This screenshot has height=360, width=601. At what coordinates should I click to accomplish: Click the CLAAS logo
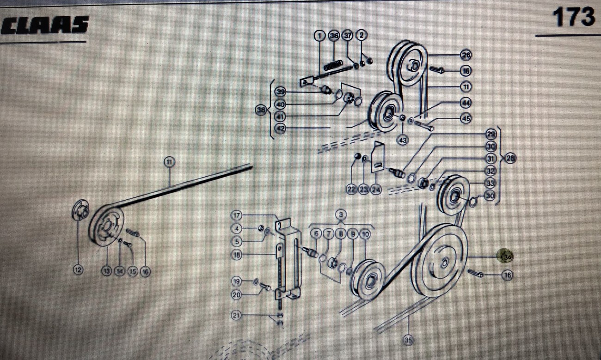click(x=45, y=25)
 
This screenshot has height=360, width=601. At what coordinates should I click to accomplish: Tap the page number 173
click(x=573, y=18)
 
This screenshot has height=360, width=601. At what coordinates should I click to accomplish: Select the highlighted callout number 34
click(x=507, y=256)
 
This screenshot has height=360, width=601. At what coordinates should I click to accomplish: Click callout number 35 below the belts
click(x=408, y=341)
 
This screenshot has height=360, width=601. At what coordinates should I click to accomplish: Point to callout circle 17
click(x=237, y=215)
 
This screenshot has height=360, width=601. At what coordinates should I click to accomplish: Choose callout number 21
click(x=237, y=316)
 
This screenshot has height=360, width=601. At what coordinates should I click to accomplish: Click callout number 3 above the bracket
click(x=341, y=215)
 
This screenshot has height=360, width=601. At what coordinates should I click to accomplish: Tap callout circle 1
click(x=319, y=35)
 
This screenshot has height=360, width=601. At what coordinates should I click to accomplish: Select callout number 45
click(x=466, y=119)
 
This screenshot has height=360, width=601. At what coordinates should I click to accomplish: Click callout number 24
click(x=375, y=189)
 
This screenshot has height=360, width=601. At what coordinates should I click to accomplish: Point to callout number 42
click(x=280, y=128)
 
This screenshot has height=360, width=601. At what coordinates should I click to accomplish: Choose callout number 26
click(x=466, y=55)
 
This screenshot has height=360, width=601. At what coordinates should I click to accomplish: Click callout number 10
click(x=365, y=234)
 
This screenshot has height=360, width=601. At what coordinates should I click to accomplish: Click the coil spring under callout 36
click(x=333, y=66)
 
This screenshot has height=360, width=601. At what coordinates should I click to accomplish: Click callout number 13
click(x=107, y=272)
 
